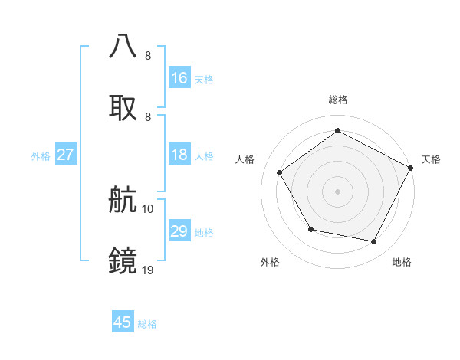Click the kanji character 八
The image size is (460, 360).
click(x=124, y=47)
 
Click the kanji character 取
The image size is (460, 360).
click(x=124, y=107)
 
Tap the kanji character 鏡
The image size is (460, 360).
click(x=124, y=260)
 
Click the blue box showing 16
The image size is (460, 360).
click(x=179, y=78)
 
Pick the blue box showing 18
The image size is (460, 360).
click(x=179, y=155)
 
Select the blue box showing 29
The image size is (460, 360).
click(x=179, y=232)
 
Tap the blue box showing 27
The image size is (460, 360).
click(x=66, y=155)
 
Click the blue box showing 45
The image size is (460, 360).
click(x=123, y=323)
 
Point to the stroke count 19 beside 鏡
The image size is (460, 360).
click(x=148, y=270)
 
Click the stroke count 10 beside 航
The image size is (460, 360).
click(x=148, y=208)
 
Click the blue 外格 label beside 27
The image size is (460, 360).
click(x=41, y=156)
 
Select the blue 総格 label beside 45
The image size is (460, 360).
click(x=147, y=324)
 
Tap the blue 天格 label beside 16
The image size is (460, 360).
click(x=204, y=79)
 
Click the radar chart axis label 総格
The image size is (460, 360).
click(x=337, y=100)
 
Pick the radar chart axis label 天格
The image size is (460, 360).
click(x=431, y=159)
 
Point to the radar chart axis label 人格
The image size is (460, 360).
click(x=245, y=159)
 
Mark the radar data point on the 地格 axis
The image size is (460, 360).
click(x=374, y=242)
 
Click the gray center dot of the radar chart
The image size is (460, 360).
click(x=337, y=191)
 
